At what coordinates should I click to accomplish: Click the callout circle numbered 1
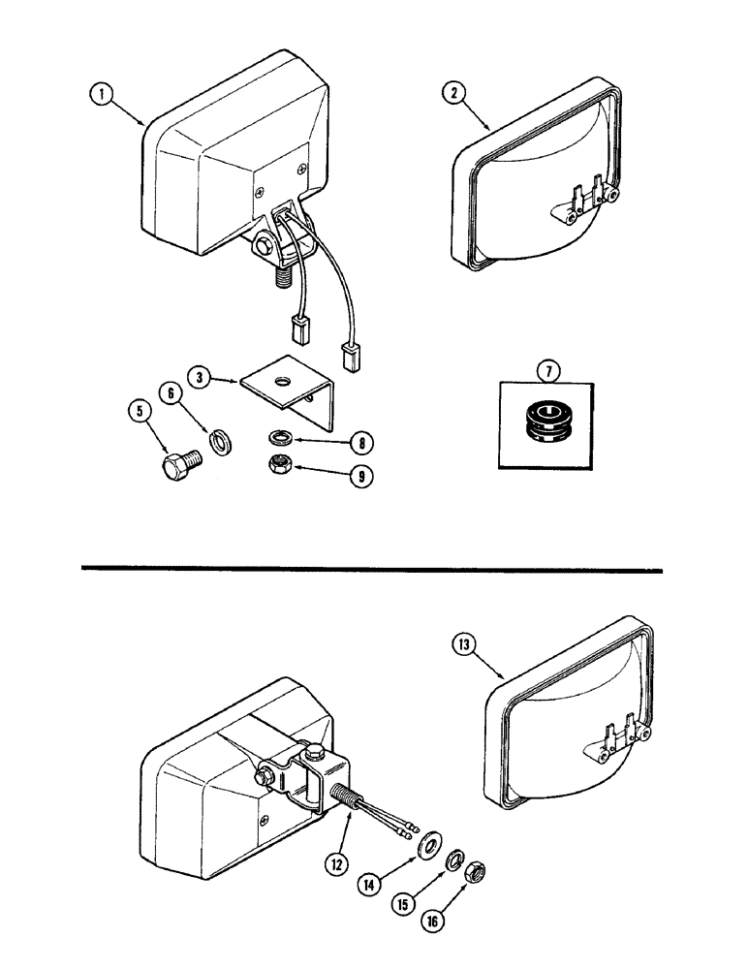[x=100, y=94]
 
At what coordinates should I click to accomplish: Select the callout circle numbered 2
[x=452, y=93]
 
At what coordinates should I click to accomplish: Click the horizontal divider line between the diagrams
[x=373, y=569]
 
